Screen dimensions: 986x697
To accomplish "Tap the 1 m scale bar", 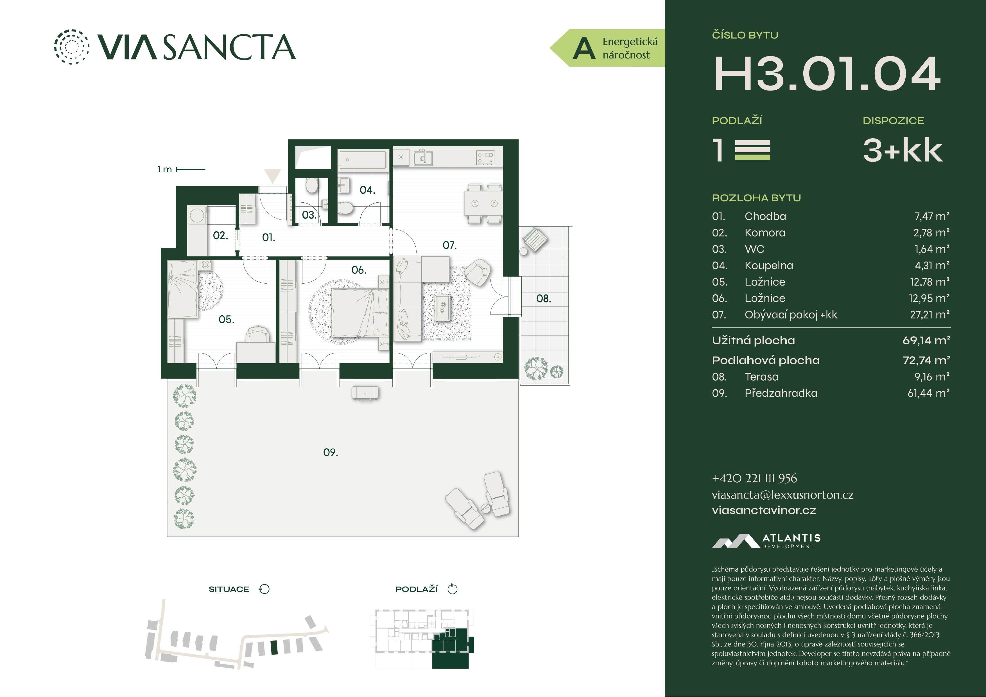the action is click(191, 169).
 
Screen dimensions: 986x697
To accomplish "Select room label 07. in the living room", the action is click(450, 245).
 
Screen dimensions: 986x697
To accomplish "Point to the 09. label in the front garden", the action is click(330, 452).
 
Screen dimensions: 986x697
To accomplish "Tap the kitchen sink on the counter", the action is click(423, 158).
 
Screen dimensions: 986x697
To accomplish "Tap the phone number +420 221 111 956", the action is click(754, 478).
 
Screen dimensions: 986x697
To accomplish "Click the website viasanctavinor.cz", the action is click(764, 510).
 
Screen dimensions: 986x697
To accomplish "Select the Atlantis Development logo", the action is click(766, 541).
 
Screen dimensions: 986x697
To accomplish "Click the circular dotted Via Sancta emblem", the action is click(72, 47).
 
